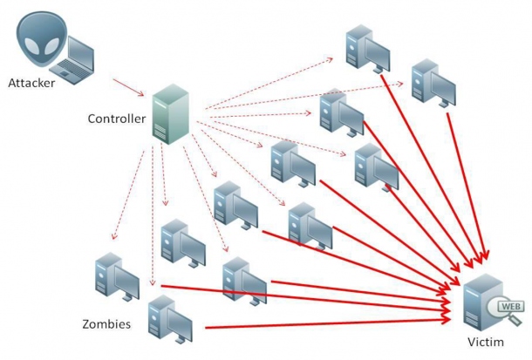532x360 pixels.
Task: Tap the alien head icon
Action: (38, 40)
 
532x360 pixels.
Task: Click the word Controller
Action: (117, 119)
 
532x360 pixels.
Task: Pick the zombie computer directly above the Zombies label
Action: (116, 276)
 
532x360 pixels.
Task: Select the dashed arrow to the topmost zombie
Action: (270, 85)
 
